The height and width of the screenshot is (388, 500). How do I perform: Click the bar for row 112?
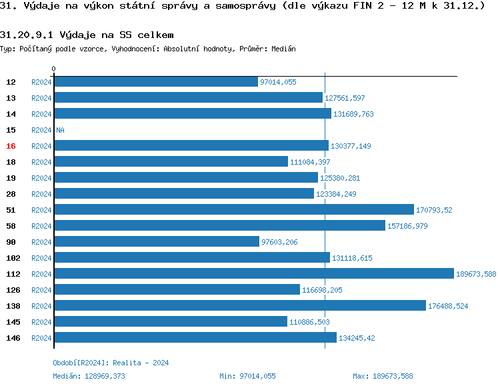pyautogui.click(x=253, y=273)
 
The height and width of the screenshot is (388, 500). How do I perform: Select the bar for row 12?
pyautogui.click(x=155, y=81)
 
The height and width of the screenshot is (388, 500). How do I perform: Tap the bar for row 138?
pyautogui.click(x=239, y=305)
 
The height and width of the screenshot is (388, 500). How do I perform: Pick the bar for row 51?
pyautogui.click(x=233, y=209)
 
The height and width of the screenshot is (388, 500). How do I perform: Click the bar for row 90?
pyautogui.click(x=156, y=241)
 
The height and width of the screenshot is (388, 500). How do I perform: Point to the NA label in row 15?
pyautogui.click(x=60, y=130)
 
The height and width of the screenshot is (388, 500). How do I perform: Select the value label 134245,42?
pyautogui.click(x=357, y=338)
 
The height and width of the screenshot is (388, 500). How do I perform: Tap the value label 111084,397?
pyautogui.click(x=310, y=162)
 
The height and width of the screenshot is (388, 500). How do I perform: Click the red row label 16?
pyautogui.click(x=11, y=146)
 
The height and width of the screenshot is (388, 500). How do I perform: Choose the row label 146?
pyautogui.click(x=13, y=338)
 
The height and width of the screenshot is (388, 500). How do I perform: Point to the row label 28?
pyautogui.click(x=11, y=194)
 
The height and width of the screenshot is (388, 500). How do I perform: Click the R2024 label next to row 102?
pyautogui.click(x=41, y=258)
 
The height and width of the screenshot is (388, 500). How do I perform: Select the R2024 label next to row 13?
pyautogui.click(x=41, y=98)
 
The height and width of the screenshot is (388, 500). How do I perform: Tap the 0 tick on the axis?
pyautogui.click(x=54, y=69)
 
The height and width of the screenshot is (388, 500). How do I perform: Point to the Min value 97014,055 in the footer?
pyautogui.click(x=257, y=376)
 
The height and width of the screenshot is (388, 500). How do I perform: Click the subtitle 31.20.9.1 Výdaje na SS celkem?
pyautogui.click(x=87, y=35)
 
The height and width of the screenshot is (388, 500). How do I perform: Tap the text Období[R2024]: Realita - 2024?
pyautogui.click(x=111, y=363)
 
